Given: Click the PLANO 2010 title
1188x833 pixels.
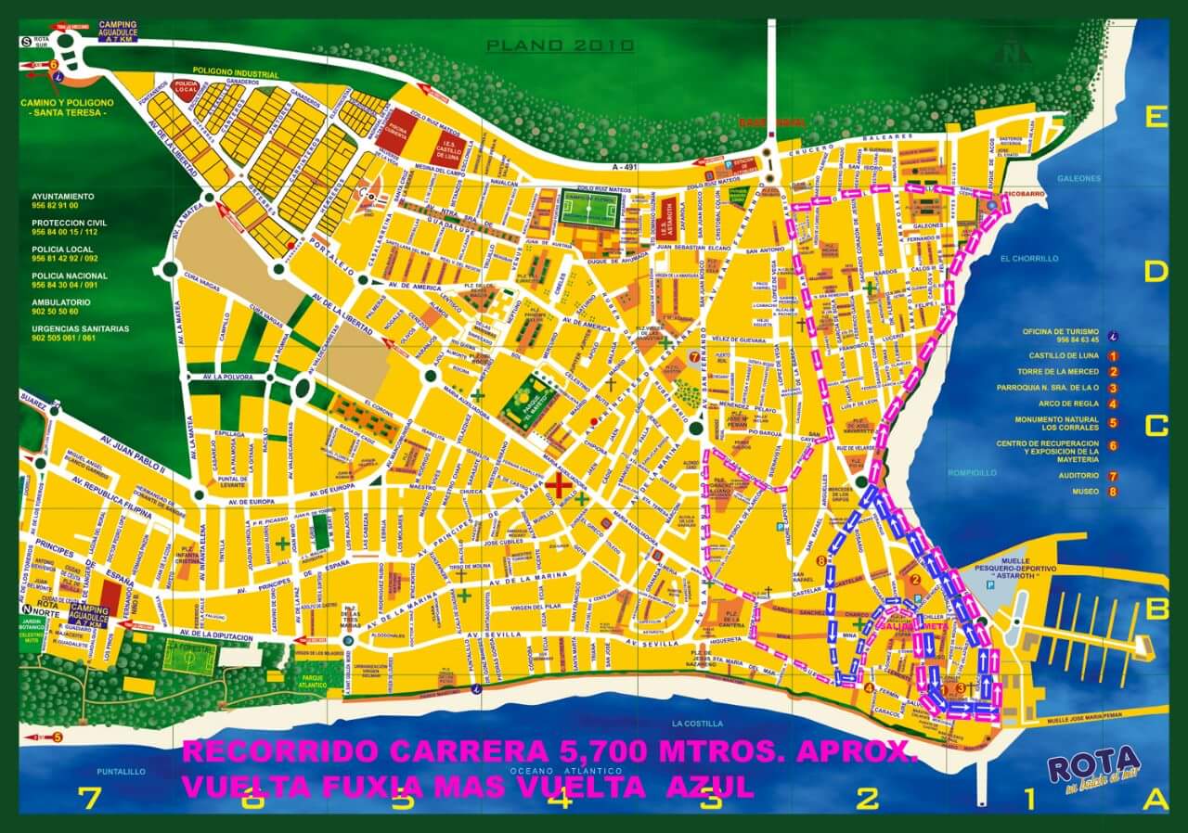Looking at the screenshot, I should (x=560, y=45).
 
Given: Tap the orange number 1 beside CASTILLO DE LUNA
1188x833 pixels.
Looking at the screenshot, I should (x=1113, y=355).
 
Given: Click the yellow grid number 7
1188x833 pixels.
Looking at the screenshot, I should (x=89, y=797).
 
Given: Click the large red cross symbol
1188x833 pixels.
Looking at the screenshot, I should (x=559, y=484).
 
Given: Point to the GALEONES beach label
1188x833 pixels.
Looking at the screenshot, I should (x=1078, y=178).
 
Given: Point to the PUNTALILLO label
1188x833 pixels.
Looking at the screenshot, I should (x=122, y=771).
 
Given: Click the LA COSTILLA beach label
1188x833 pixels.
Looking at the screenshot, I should (x=700, y=723).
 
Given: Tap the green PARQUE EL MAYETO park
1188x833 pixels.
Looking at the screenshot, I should (x=527, y=401).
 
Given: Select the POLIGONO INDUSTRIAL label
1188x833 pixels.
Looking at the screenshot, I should (x=235, y=71).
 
